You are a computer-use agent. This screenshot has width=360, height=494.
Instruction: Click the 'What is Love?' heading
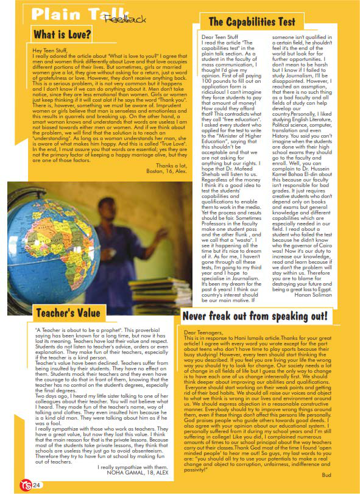click(63, 34)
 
